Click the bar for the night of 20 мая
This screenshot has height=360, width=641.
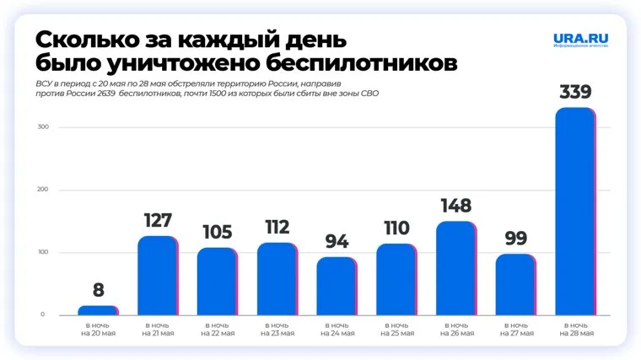coord(98,310)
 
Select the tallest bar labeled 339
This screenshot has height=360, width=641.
coord(575,211)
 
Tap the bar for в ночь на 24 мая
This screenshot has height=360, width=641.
coord(337,286)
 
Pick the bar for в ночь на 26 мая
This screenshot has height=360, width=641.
coord(455,268)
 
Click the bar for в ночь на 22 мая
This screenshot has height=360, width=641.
coord(217,281)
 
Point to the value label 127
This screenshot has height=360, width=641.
coord(158,222)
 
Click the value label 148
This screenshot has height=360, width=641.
coord(455,206)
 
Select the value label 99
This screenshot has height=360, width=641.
coord(515,238)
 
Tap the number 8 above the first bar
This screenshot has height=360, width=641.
coord(98,291)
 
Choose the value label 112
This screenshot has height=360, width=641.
coord(277,228)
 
